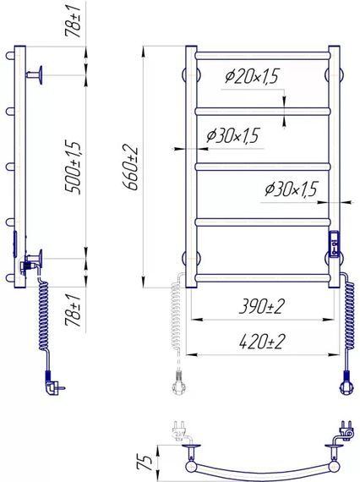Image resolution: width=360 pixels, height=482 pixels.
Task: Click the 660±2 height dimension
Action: point(130,167)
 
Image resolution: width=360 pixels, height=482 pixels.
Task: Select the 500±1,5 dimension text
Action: point(73,167)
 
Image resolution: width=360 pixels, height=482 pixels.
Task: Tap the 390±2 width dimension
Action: point(262,306)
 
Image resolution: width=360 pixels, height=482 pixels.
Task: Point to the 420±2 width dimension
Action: point(262,342)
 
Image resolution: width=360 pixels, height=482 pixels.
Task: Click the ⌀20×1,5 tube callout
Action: point(252,76)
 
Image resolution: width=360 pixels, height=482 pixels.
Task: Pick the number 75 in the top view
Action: point(145,463)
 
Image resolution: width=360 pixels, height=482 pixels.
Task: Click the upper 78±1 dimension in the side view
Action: point(73,21)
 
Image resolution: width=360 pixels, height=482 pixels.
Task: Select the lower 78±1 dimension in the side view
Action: point(73,309)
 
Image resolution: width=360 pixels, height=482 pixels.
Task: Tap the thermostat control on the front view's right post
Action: point(334,244)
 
